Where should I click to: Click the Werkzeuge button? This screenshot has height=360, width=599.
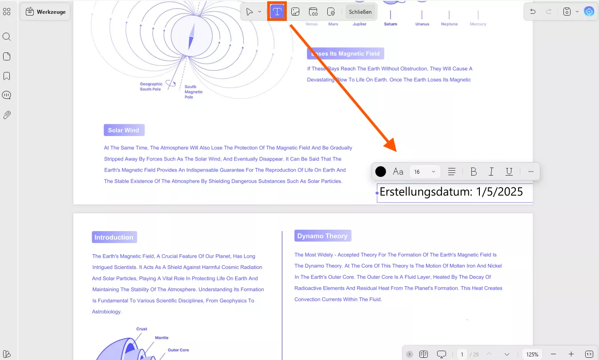point(45,12)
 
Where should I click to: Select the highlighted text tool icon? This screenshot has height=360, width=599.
point(277,12)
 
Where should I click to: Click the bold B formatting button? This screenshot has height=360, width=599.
point(473,172)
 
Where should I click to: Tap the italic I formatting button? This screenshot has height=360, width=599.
point(491,172)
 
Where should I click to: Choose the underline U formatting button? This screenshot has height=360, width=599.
point(509,172)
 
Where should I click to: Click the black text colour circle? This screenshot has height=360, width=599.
point(381,172)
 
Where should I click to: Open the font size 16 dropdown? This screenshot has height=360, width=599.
point(424,172)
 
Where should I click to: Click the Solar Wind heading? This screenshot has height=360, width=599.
point(124,130)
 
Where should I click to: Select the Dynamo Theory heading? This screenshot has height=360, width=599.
point(323,236)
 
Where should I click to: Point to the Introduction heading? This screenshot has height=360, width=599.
point(114,237)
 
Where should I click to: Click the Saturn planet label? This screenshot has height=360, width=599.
point(390,24)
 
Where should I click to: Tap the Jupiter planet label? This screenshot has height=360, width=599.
point(359,24)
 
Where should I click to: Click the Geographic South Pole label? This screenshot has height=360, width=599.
point(151,87)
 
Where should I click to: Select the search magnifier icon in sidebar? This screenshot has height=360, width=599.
point(7,36)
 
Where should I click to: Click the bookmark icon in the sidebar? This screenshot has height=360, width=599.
point(7,76)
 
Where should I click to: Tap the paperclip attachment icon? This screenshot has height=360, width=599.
point(7,115)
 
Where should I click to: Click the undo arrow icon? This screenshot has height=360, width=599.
point(533,12)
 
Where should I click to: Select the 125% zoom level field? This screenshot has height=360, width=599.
point(532,354)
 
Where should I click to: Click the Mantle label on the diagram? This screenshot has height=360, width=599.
point(161,337)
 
